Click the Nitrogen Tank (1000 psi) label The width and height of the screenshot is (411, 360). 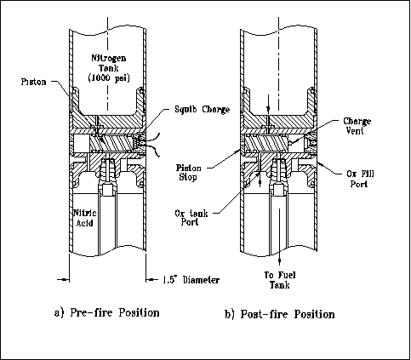point(109,68)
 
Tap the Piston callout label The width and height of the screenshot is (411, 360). point(33,82)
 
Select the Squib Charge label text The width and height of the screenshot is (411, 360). point(202,109)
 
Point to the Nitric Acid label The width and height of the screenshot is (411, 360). point(85,218)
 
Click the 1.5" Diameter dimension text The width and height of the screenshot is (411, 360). point(191,280)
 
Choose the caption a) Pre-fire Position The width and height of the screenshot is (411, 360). point(106,312)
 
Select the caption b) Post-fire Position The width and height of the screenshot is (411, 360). point(280,314)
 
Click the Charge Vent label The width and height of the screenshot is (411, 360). point(357,126)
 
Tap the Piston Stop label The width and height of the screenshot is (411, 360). point(188,173)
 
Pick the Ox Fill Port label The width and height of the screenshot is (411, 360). point(360,179)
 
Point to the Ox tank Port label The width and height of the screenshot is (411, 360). point(191,217)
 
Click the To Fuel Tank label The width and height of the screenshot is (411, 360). point(280,280)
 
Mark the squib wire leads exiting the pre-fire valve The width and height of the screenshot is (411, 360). point(153,145)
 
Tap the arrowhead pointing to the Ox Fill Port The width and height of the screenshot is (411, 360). point(320,163)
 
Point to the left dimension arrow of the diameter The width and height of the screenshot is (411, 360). point(63,280)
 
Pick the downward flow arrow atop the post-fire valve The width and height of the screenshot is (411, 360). point(268,105)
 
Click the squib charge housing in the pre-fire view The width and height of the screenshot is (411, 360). point(140,143)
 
